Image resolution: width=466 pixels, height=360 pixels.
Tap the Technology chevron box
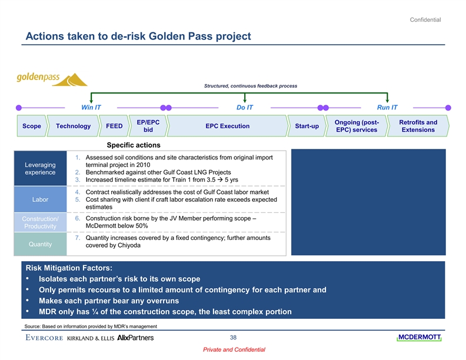[x=73, y=126]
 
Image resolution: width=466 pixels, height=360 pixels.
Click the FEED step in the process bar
[x=114, y=126]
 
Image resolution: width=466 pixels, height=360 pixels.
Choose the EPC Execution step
[x=227, y=126]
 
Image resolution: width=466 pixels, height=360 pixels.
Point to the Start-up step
[x=307, y=126]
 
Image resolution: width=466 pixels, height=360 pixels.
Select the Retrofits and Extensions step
[x=418, y=126]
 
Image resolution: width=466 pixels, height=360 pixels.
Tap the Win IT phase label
[x=91, y=108]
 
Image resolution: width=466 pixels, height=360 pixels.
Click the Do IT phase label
[x=245, y=108]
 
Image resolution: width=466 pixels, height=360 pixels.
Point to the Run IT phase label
[x=387, y=108]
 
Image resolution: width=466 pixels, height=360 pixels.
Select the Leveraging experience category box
[x=40, y=169]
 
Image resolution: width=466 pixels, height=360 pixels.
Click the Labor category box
[x=40, y=199]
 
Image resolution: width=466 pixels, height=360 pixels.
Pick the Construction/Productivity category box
[x=40, y=222]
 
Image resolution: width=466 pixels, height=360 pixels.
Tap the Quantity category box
[x=40, y=244]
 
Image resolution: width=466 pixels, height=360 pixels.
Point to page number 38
[x=234, y=337]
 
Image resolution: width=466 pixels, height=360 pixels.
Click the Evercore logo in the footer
[x=44, y=338]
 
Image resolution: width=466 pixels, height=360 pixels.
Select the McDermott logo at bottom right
[x=418, y=337]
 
